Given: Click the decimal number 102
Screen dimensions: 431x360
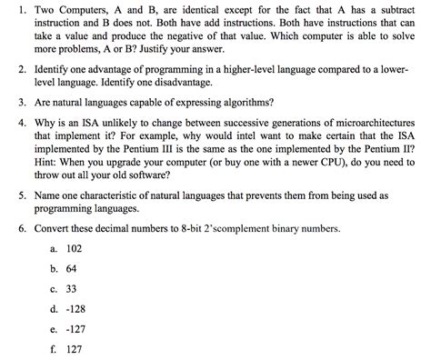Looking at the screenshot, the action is pos(75,247).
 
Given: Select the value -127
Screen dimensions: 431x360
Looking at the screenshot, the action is pos(76,328).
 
